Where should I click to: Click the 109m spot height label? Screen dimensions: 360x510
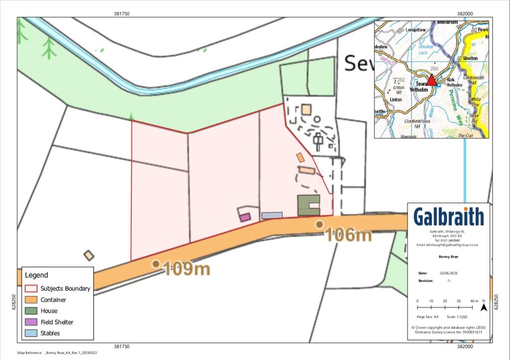(x=186, y=269)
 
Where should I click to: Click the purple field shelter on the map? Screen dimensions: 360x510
(x=245, y=217)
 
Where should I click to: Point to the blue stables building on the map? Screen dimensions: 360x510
(x=272, y=216)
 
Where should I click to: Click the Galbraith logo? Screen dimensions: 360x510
(x=449, y=217)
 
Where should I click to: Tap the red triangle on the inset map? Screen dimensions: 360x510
(x=431, y=80)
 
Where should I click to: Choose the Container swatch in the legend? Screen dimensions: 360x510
(x=31, y=300)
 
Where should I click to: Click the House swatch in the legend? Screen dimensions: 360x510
(x=31, y=311)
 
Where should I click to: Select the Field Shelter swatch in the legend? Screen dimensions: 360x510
(x=31, y=322)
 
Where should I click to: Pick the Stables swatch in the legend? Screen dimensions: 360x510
(x=31, y=333)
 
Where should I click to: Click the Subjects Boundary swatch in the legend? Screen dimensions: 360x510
(x=31, y=288)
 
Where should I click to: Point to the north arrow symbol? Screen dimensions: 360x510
(x=483, y=307)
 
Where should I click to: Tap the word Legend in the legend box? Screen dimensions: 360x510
(x=36, y=275)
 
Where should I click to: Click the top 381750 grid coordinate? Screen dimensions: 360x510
(x=122, y=14)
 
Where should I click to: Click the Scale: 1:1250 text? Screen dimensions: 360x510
(x=458, y=317)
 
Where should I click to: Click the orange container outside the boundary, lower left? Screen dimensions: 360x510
(x=89, y=255)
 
